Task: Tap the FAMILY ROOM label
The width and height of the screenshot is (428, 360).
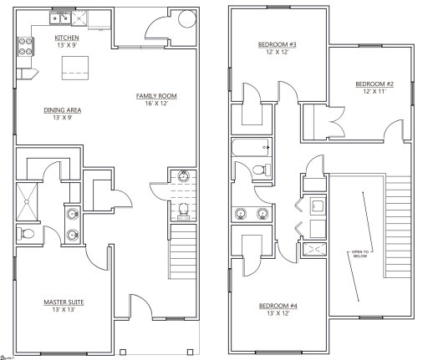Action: point(157,97)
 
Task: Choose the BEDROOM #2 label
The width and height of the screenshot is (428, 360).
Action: point(374,84)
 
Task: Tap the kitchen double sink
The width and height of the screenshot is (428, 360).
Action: point(61,17)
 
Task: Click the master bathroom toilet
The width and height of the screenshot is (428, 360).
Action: point(28,233)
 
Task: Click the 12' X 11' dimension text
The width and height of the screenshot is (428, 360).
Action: point(374,93)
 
